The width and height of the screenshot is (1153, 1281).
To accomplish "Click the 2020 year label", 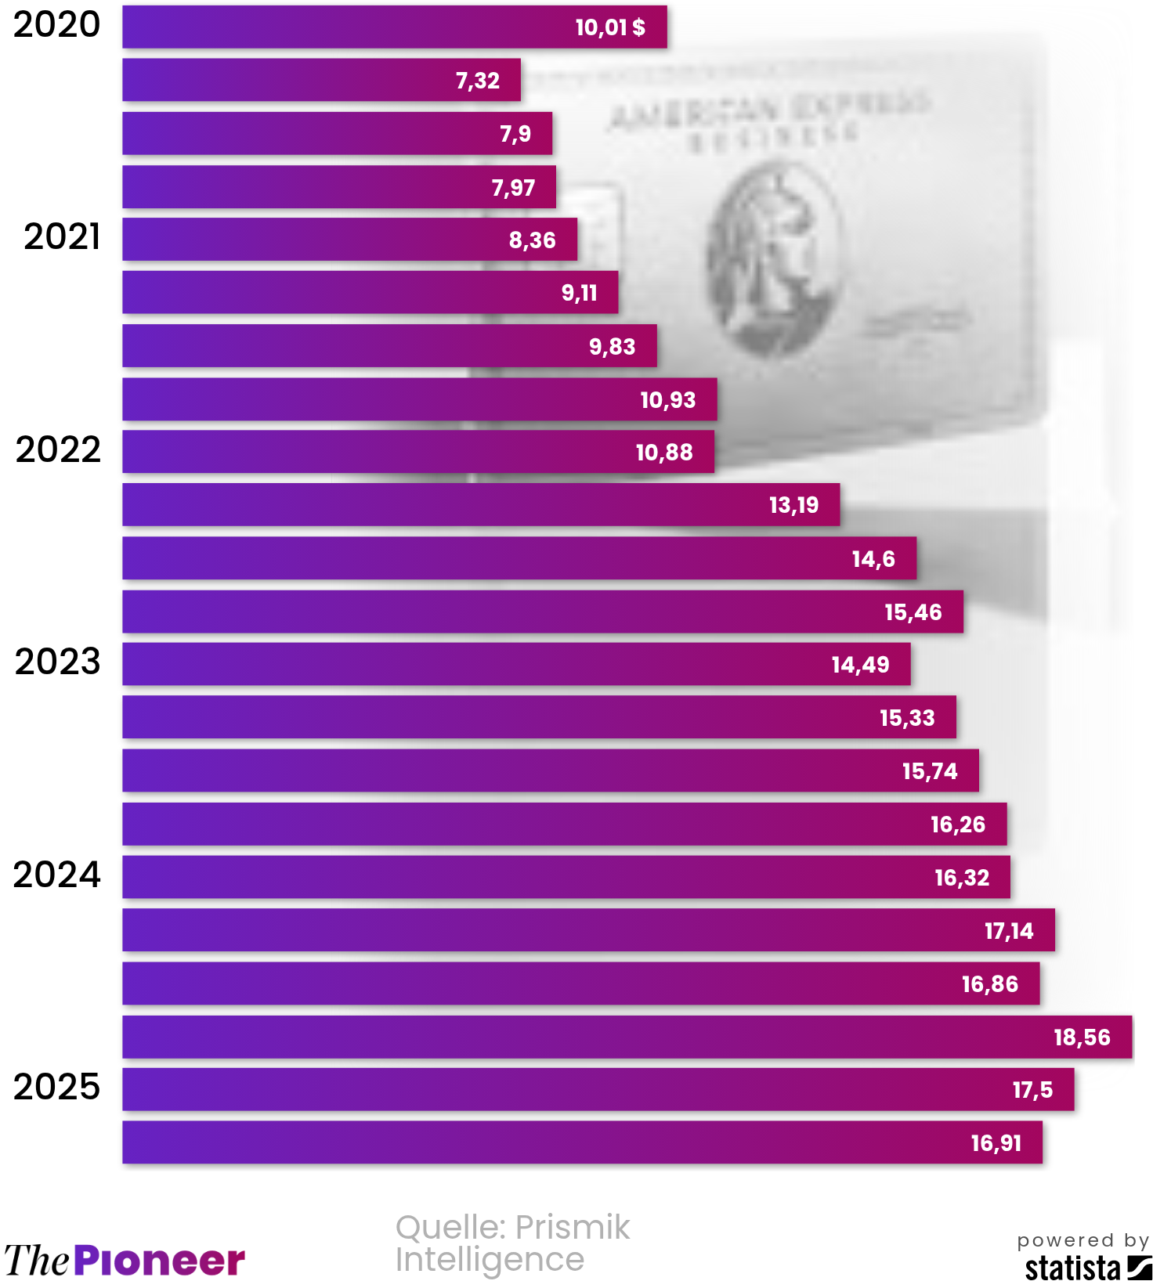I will (57, 25).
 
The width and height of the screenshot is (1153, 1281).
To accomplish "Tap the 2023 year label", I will (58, 662).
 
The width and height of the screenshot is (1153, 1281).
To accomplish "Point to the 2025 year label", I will (57, 1087).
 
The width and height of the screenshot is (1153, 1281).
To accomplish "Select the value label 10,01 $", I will (610, 27).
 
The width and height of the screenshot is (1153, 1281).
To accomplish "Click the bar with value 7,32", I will (321, 80).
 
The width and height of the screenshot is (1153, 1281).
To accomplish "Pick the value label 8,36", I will (533, 240).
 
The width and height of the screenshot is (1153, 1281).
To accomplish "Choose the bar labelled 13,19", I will (481, 505).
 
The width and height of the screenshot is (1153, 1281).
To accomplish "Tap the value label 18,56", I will (1082, 1037).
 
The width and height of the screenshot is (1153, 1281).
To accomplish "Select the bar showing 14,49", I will (516, 665).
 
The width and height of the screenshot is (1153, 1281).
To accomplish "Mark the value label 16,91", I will (996, 1143).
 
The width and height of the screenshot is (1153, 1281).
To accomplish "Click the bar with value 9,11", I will (370, 293).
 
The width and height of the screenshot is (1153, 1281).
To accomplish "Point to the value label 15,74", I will (930, 771).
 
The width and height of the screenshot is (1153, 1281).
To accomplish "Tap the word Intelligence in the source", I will (490, 1260).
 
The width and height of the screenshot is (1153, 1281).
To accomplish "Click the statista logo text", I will (1072, 1267).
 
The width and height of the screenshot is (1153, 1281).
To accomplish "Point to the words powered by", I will (1083, 1240).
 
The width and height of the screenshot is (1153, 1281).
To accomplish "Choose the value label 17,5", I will (1032, 1090).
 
